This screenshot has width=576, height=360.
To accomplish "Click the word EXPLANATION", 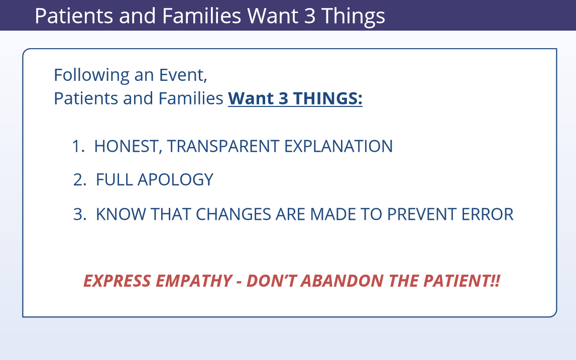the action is [x=338, y=146].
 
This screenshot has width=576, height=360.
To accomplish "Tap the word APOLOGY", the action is [x=176, y=180].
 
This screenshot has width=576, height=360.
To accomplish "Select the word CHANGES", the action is [x=234, y=214].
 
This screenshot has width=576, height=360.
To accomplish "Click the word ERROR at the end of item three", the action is [x=488, y=214].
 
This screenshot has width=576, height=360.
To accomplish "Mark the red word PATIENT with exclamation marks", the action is [x=462, y=281].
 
